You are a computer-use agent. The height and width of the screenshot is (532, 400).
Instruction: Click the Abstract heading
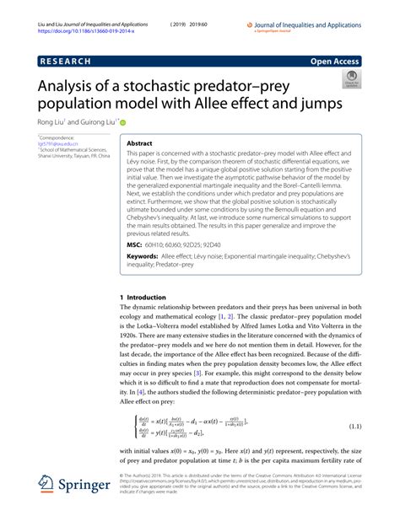(139, 144)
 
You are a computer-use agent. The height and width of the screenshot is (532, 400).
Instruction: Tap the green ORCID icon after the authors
(123, 121)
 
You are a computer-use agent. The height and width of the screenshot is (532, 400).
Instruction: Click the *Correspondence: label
(57, 137)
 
